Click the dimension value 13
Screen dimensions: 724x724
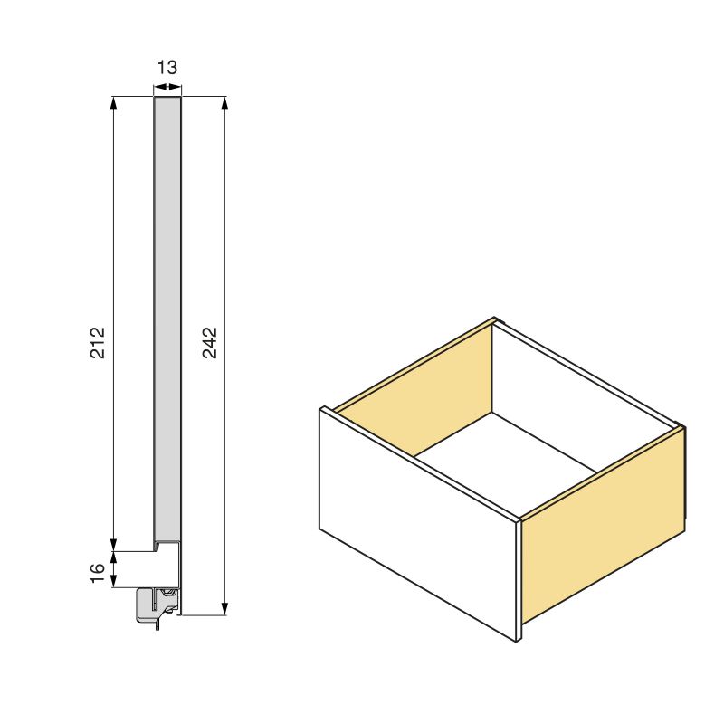167,68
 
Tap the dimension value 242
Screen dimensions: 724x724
209,342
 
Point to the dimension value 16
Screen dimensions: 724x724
98,573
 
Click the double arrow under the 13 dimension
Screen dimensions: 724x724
167,87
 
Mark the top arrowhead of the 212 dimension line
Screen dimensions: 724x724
114,102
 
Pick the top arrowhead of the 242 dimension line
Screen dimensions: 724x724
224,102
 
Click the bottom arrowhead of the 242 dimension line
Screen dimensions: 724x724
224,608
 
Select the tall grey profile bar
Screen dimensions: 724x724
167,317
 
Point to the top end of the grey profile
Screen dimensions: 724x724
167,100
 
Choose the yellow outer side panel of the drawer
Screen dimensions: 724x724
602,525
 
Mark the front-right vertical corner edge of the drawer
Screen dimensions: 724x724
519,579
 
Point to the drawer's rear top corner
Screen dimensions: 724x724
494,319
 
